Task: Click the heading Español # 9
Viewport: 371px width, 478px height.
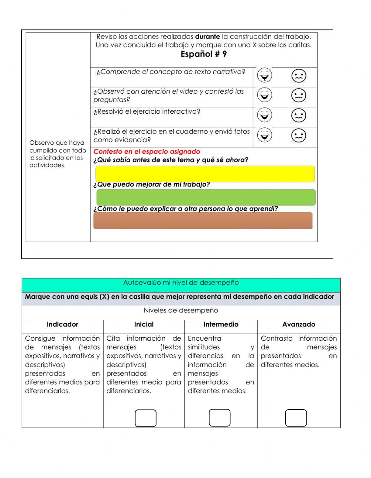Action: (x=203, y=54)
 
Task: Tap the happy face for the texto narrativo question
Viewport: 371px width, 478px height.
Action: (x=264, y=75)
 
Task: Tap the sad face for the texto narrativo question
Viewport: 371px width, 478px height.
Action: (x=299, y=76)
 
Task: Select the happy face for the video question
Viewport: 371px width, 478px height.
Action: (x=264, y=95)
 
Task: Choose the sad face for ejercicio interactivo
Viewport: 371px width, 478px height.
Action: (x=299, y=116)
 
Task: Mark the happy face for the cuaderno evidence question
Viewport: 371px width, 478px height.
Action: (x=264, y=135)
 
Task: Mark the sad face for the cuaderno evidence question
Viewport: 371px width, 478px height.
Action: (x=299, y=136)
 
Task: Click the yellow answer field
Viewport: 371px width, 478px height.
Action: (x=205, y=174)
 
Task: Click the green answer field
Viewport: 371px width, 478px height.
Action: (x=206, y=197)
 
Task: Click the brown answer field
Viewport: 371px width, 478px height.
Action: (x=203, y=221)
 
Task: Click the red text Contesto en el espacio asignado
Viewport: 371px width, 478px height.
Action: (x=147, y=151)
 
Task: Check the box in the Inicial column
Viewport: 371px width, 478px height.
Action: (x=145, y=418)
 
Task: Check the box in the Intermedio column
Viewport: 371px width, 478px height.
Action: (x=220, y=418)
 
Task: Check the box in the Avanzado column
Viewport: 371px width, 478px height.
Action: (x=296, y=418)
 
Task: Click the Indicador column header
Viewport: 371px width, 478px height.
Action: (x=62, y=324)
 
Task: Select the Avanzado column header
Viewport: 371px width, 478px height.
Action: (x=299, y=324)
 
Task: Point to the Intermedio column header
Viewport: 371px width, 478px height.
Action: (x=221, y=324)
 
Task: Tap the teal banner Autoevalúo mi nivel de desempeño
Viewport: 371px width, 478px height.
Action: (x=181, y=283)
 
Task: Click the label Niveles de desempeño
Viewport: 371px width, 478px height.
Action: (x=181, y=311)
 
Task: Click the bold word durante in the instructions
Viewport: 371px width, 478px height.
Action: (x=207, y=37)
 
